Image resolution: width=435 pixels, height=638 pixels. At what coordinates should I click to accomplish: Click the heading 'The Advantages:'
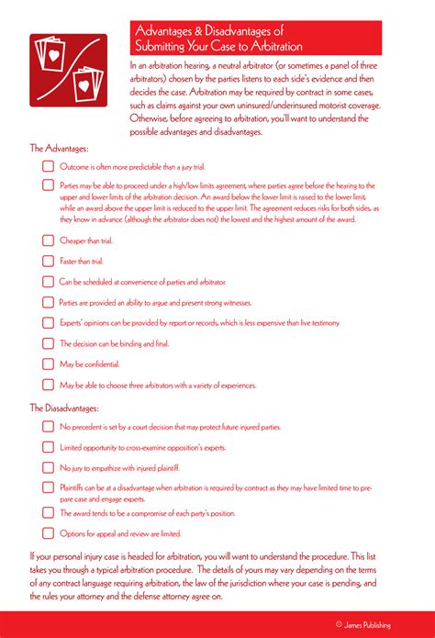60,148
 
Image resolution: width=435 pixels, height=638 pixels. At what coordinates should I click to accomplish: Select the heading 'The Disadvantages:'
64,408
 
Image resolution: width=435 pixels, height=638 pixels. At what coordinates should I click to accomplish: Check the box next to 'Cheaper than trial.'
49,241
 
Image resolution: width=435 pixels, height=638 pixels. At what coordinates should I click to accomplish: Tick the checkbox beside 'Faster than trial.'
49,262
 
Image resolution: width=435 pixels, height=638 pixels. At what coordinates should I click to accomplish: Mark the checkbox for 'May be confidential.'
49,364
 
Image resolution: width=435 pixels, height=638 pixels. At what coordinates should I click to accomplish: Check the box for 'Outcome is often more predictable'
49,167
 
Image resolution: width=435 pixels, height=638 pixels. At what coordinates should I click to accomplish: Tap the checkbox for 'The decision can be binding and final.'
49,343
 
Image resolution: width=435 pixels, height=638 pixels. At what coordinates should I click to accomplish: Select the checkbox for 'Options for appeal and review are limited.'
49,533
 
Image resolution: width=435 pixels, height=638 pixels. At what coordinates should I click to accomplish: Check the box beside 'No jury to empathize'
49,467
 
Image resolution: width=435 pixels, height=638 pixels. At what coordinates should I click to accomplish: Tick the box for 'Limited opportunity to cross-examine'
49,447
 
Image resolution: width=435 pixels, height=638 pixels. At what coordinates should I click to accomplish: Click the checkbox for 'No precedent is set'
49,427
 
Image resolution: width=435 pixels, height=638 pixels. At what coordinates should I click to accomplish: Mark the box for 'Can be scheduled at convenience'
49,282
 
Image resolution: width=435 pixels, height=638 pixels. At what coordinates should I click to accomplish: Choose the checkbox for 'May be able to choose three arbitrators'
49,385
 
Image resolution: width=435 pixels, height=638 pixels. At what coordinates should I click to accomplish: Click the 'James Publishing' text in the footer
369,625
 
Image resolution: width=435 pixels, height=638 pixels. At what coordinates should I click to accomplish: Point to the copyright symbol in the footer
339,625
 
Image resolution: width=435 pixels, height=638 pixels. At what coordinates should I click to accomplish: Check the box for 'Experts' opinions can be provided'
49,323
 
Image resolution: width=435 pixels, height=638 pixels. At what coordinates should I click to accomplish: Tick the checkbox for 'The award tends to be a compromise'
49,513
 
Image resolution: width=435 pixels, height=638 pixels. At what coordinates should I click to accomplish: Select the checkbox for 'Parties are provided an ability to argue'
49,302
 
